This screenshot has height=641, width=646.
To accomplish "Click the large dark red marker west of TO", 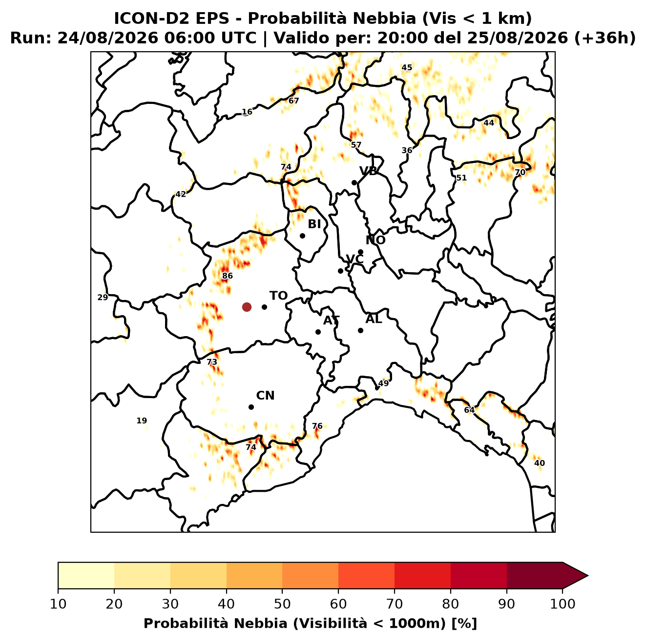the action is tap(247, 306).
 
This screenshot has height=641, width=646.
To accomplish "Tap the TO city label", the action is tap(279, 296).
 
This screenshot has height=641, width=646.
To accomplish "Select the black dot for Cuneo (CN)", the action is tap(251, 407).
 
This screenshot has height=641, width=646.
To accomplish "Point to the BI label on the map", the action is tap(314, 224).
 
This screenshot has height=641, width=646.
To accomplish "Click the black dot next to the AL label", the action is tap(360, 330).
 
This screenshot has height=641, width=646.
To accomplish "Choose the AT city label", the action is tap(332, 320).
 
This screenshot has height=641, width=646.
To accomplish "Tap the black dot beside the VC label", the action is tap(341, 271).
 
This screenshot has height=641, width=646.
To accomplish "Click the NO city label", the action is tap(375, 240).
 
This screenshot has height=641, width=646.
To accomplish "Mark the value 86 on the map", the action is tap(227, 276).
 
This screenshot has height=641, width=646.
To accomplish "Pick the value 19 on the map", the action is tap(142, 421).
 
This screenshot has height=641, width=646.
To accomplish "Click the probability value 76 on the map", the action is tap(317, 426).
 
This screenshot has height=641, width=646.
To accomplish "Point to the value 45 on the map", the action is tap(407, 67).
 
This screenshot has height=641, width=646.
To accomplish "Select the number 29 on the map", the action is tap(103, 297).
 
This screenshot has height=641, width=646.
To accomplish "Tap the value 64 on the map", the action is tap(469, 410).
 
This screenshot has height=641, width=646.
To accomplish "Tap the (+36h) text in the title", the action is tap(604, 38).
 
